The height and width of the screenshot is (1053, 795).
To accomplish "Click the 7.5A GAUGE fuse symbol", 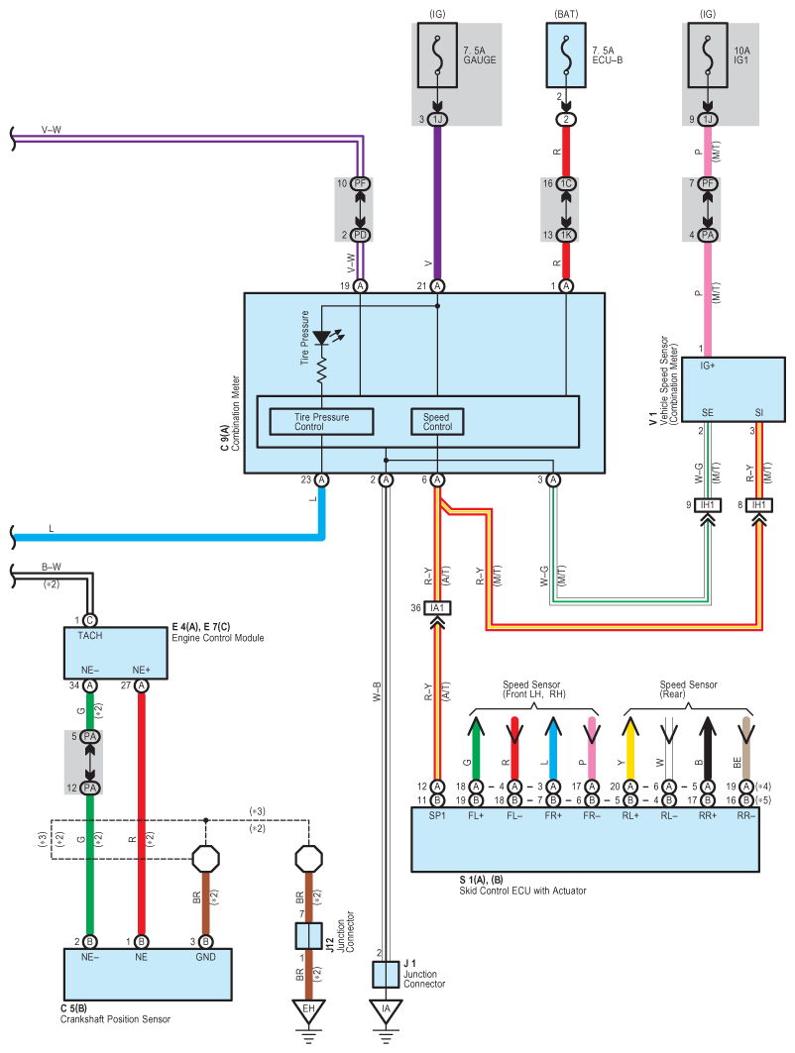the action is pos(437,55).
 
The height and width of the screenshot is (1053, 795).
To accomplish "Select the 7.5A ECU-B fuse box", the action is pos(566,55).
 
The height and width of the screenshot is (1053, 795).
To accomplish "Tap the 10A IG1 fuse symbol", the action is pos(707,55).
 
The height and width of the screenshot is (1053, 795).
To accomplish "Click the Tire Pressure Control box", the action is pos(321,422).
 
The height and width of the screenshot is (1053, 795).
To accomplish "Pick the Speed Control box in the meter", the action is pos(437,422).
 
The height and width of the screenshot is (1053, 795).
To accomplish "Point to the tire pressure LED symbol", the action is pos(324,338).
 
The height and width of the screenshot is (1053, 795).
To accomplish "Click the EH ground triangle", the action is pos(308,1011).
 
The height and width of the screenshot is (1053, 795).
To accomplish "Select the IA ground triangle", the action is pos(386,1011).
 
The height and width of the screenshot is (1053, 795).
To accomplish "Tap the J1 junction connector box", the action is pos(386,975).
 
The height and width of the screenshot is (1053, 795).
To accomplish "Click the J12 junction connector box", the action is pos(308,935).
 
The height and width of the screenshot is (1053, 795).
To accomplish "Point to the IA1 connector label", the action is pos(437,608).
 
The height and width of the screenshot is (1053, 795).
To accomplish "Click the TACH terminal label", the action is pos(90,635).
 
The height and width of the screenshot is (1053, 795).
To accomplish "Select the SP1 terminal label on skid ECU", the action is pos(437,815).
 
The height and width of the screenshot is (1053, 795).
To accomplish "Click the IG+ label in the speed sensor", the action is pos(708,366).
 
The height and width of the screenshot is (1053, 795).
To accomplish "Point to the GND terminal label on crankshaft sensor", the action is pos(205,957).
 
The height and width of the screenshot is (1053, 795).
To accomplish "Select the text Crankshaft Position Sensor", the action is pos(116,1018).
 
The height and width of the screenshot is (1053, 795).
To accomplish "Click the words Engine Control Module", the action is pos(218,638).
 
